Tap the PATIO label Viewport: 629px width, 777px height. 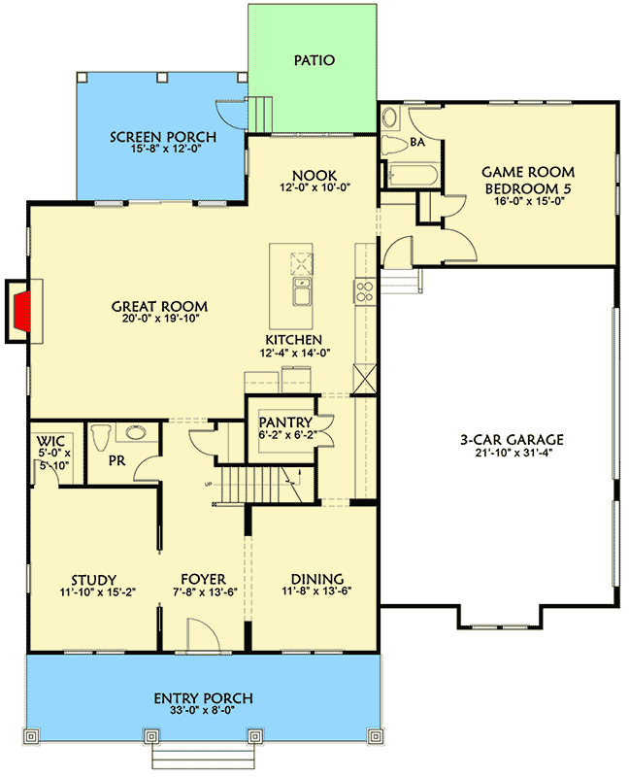[x=314, y=60]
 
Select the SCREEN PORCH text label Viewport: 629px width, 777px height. [x=162, y=137]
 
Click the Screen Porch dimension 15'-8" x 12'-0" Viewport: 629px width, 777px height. [x=162, y=151]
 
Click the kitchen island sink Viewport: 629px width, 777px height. [x=301, y=292]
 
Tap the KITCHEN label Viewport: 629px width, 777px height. [x=294, y=340]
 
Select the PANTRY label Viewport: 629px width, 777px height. [x=285, y=422]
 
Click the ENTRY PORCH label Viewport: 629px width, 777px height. [x=204, y=698]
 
